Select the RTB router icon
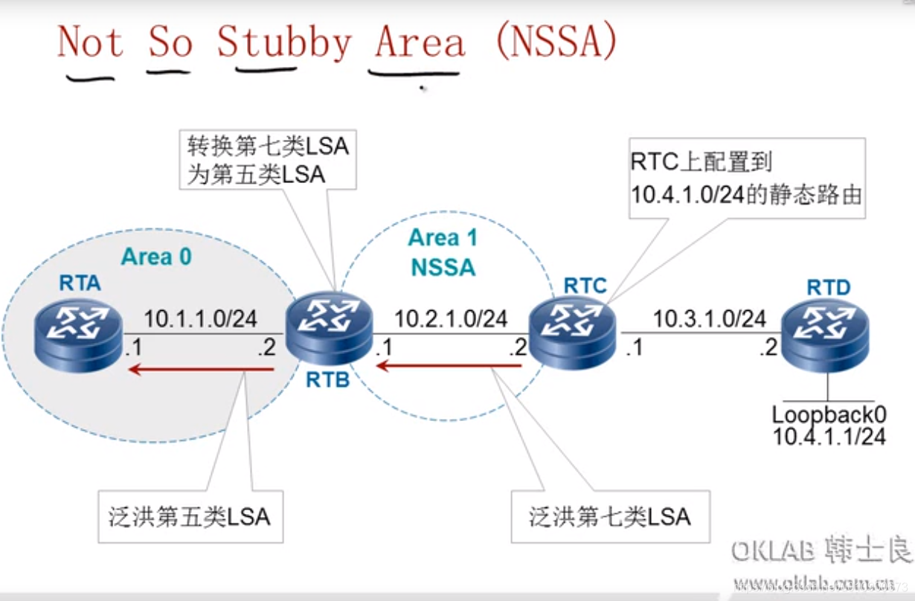pyautogui.click(x=328, y=329)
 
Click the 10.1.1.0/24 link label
pyautogui.click(x=200, y=319)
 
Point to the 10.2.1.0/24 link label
pyautogui.click(x=451, y=319)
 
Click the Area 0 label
pyautogui.click(x=156, y=257)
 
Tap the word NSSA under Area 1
pyautogui.click(x=443, y=266)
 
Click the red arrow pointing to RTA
pyautogui.click(x=201, y=368)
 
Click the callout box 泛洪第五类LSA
pyautogui.click(x=189, y=515)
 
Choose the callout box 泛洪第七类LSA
pyautogui.click(x=610, y=515)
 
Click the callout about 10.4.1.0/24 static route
pyautogui.click(x=746, y=178)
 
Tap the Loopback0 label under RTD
pyautogui.click(x=829, y=414)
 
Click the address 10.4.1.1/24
pyautogui.click(x=829, y=436)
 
